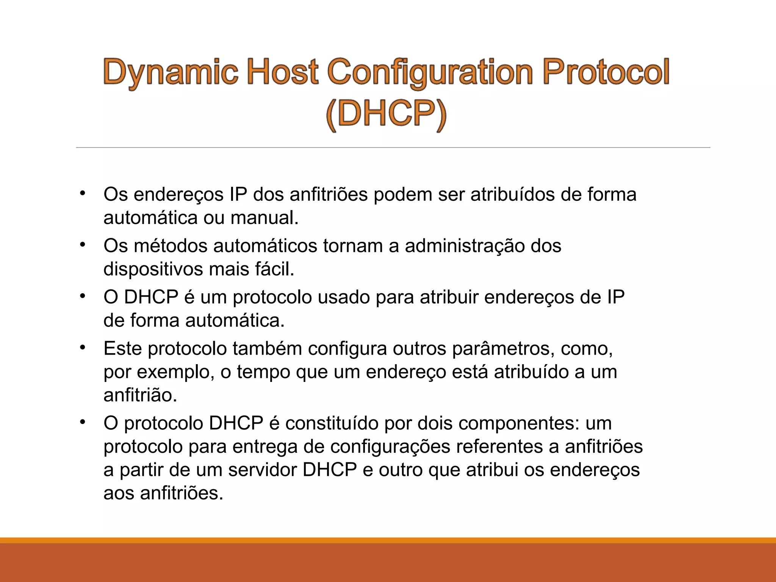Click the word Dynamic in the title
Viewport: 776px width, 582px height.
pos(171,72)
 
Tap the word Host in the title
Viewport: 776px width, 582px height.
pos(282,72)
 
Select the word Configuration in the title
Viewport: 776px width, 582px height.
pos(430,72)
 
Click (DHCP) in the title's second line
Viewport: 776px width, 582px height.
pos(386,114)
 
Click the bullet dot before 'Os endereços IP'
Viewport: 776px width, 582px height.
pos(83,193)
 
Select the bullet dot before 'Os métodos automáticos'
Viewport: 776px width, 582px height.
pos(83,245)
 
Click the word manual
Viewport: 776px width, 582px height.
pos(264,218)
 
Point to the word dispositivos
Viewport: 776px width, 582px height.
pos(153,269)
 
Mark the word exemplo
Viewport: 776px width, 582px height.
pos(173,372)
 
